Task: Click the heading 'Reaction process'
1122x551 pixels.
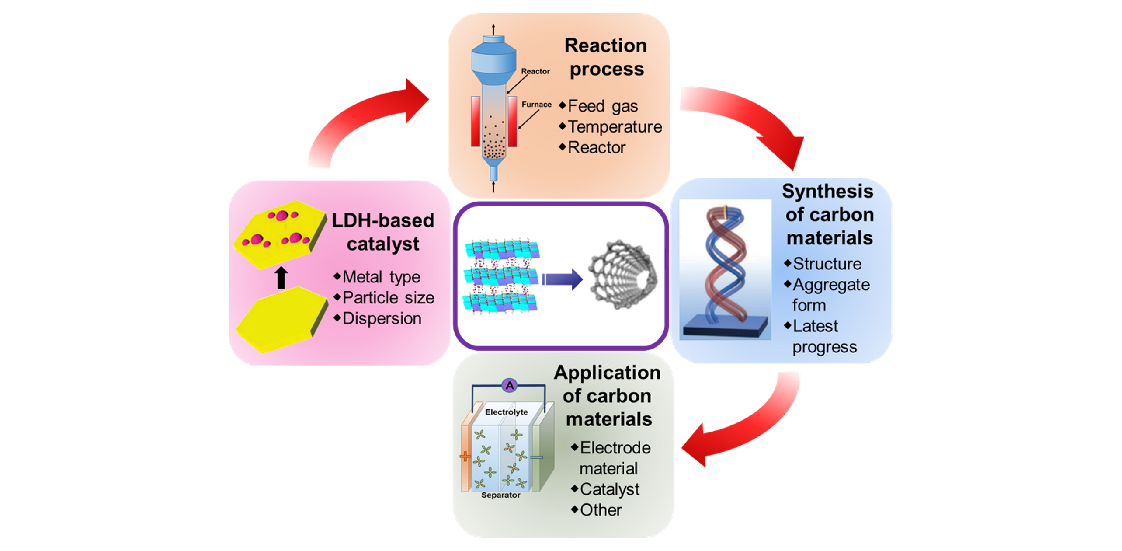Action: (606, 57)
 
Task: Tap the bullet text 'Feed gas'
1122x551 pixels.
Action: (602, 106)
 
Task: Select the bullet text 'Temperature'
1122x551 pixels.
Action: (615, 127)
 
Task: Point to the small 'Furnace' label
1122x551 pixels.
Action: (536, 105)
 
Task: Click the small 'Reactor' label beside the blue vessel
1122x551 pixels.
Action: (535, 71)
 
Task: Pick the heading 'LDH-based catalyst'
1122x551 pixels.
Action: (383, 232)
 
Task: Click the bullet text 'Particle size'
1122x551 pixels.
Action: (388, 298)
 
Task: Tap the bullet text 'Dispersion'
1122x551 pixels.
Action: (382, 319)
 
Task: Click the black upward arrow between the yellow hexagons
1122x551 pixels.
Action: (281, 277)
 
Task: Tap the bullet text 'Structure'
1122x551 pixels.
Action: (827, 264)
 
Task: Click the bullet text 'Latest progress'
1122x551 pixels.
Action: (823, 336)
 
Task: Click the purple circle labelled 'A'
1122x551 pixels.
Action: (510, 386)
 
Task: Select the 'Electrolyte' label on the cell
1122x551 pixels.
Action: (506, 412)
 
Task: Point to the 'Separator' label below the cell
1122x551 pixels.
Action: (500, 495)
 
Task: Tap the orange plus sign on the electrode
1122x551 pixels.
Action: (465, 457)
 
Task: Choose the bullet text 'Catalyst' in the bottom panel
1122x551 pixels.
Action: (609, 489)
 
